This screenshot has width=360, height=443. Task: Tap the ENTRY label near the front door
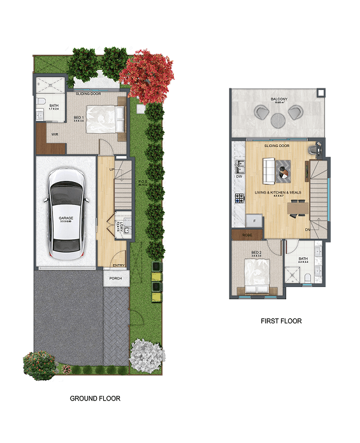(118, 265)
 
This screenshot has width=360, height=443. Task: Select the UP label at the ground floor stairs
(113, 170)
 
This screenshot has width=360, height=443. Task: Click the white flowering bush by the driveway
(147, 355)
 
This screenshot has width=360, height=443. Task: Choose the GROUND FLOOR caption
(94, 398)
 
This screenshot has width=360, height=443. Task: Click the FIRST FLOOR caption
(281, 321)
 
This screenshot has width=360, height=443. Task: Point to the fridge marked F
(255, 220)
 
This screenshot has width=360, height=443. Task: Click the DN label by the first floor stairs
(307, 229)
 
